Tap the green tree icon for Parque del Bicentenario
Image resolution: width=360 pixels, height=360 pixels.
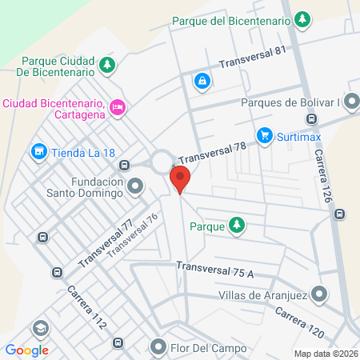tap(302, 18)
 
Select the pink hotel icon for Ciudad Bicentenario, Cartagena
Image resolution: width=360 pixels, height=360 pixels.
tap(118, 106)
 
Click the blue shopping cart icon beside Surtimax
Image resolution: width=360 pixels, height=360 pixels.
tap(263, 136)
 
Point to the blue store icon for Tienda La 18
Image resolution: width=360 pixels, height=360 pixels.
tap(38, 151)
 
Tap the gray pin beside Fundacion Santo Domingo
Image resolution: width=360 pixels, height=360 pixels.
tap(137, 187)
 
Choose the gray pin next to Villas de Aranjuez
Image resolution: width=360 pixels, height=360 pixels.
tap(319, 294)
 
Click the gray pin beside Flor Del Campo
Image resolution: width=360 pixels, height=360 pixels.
tap(158, 348)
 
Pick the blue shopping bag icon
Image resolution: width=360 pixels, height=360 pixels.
tap(202, 80)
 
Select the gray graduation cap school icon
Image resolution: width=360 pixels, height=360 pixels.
tap(39, 328)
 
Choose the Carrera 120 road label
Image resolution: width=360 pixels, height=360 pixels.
tap(302, 320)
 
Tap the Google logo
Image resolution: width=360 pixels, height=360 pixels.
tap(26, 350)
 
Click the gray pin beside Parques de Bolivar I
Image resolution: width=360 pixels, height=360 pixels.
tap(353, 102)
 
